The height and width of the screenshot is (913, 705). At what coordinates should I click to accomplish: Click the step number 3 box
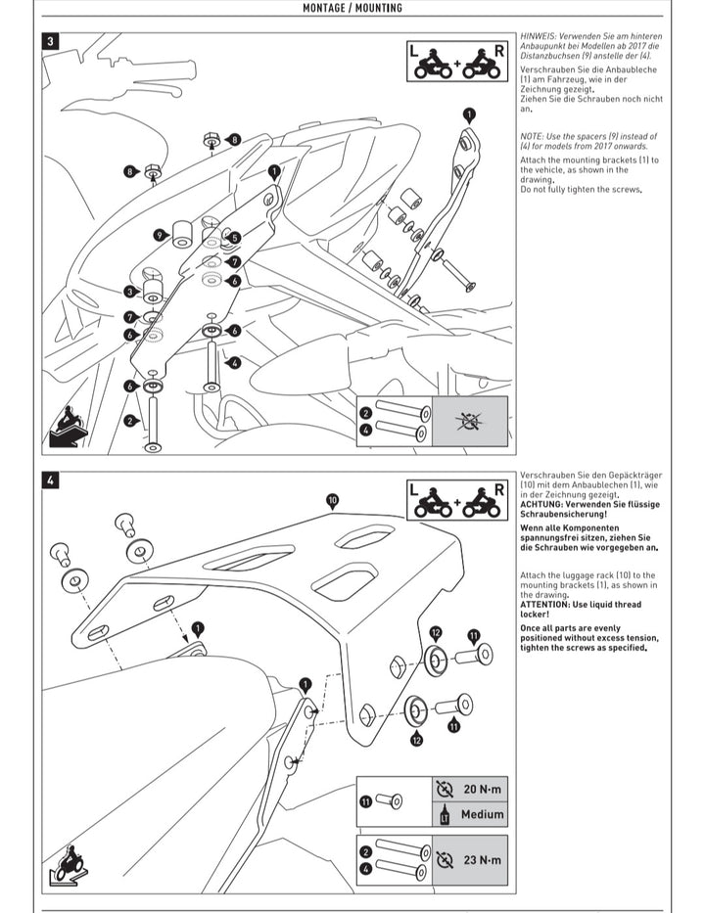[x=51, y=42]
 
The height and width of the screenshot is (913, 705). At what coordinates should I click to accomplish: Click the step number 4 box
[x=51, y=480]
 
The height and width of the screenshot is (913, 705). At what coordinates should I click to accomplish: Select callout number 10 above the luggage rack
[x=332, y=500]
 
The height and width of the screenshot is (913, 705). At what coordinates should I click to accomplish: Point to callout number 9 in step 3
[x=159, y=235]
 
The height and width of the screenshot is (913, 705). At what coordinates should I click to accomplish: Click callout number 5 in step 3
[x=234, y=237]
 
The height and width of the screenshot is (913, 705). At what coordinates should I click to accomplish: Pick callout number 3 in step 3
[x=130, y=292]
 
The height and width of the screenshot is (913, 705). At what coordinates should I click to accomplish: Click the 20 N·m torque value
[x=482, y=788]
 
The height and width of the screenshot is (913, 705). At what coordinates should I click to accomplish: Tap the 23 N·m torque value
[x=482, y=860]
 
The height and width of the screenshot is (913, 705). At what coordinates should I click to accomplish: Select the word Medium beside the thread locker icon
[x=482, y=814]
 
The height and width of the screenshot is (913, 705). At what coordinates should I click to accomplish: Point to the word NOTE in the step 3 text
[x=532, y=136]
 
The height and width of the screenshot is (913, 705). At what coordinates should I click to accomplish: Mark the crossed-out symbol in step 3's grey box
[x=470, y=421]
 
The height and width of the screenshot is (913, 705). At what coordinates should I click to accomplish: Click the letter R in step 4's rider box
[x=499, y=488]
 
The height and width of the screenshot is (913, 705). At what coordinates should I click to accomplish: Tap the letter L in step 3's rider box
[x=413, y=49]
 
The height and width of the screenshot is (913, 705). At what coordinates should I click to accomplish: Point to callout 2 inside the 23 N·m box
[x=365, y=852]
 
